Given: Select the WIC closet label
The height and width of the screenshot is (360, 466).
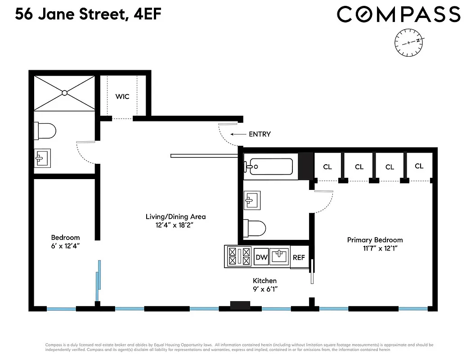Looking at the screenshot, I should [x=122, y=96].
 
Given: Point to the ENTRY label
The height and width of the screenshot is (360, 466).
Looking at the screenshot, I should [x=260, y=134].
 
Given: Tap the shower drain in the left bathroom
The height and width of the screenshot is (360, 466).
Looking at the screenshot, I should [x=64, y=93].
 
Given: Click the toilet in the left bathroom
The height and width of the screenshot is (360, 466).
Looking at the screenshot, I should [x=45, y=131].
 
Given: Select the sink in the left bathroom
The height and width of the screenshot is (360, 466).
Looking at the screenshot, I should [x=43, y=158].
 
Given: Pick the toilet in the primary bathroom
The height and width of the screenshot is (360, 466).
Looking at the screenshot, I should [x=255, y=227].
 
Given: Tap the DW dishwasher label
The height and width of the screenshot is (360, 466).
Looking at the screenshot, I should [x=262, y=257].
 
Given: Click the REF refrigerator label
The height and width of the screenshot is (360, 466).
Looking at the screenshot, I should [x=299, y=257].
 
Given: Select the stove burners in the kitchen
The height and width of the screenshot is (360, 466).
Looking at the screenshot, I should [x=239, y=256].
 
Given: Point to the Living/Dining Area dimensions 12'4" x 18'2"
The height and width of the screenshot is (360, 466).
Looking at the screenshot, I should [x=175, y=225].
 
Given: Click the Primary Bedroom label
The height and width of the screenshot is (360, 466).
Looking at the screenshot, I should [x=375, y=240].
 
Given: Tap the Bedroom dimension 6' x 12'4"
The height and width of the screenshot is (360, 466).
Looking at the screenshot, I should [x=65, y=246].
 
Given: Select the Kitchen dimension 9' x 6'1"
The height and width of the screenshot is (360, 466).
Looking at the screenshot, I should [x=264, y=289].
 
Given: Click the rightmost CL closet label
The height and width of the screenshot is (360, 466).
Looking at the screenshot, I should [x=419, y=166].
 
